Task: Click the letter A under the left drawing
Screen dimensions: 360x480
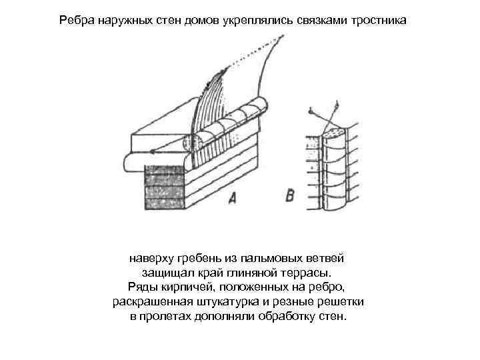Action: [232, 197]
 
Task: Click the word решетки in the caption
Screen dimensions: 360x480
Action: [341, 302]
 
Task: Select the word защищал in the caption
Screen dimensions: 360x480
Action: [165, 273]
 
